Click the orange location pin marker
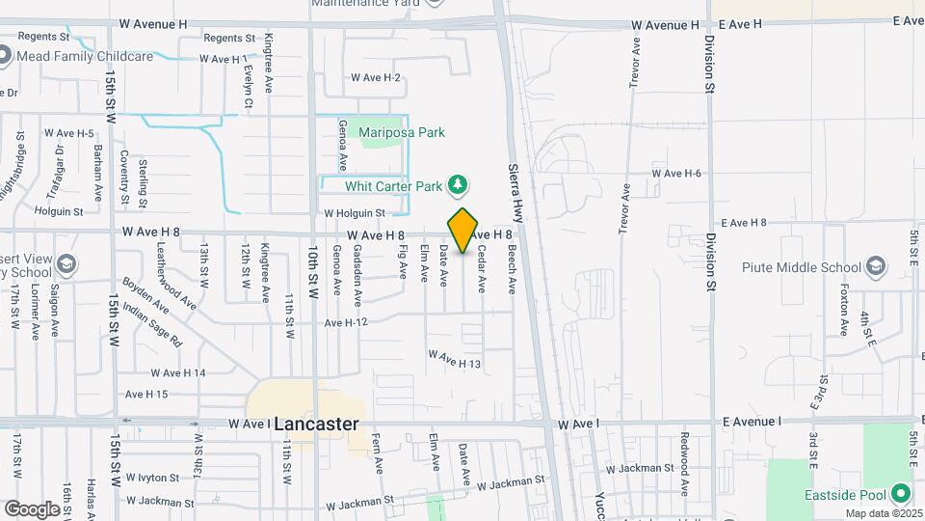(463, 231)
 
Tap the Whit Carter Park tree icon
(460, 185)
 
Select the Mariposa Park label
(402, 132)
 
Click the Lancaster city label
(316, 424)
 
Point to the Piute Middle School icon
(876, 266)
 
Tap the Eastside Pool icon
(902, 494)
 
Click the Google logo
(31, 508)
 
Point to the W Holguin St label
(354, 213)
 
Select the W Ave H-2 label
(375, 78)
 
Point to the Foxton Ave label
(844, 309)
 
